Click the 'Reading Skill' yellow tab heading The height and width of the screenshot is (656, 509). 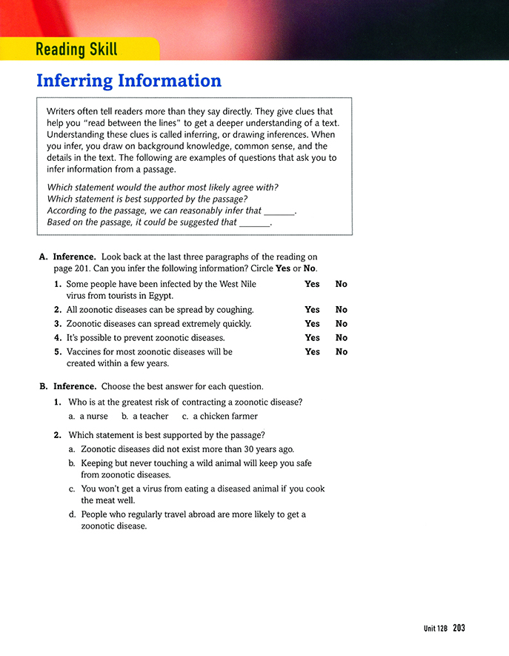pos(76,50)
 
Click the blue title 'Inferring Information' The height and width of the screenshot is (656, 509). pos(128,81)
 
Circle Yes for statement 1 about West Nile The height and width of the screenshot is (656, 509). pos(312,284)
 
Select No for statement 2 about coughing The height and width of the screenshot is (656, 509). pos(341,310)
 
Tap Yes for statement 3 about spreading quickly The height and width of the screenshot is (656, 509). pos(312,324)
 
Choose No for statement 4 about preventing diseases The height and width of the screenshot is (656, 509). pos(341,338)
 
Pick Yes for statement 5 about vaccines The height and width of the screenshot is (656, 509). pos(312,352)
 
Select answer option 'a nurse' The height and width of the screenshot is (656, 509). pos(88,417)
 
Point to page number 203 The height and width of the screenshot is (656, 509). pos(459,629)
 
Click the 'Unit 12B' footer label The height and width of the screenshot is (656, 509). pos(436,629)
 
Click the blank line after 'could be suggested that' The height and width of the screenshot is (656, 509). pos(255,223)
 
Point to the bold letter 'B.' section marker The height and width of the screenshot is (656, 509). pos(43,386)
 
